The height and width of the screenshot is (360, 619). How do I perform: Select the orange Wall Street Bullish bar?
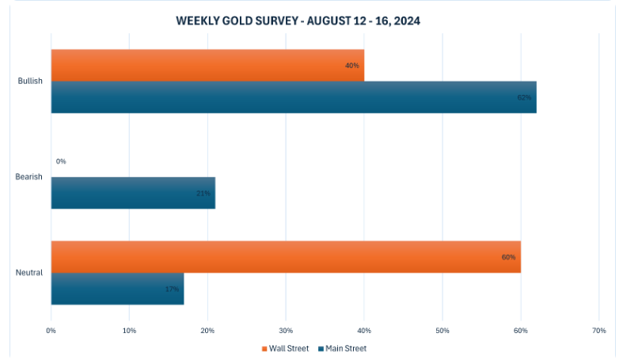pyautogui.click(x=207, y=65)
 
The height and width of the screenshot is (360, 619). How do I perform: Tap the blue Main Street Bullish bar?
pyautogui.click(x=293, y=97)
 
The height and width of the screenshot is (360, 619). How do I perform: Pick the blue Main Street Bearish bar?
pyautogui.click(x=133, y=192)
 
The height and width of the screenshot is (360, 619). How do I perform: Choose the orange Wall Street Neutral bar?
pyautogui.click(x=286, y=256)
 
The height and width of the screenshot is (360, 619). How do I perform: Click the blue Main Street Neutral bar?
pyautogui.click(x=117, y=289)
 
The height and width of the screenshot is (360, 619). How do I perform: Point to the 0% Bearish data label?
pyautogui.click(x=61, y=161)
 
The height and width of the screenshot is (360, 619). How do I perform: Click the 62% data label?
pyautogui.click(x=524, y=97)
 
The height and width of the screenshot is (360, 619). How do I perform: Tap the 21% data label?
pyautogui.click(x=203, y=193)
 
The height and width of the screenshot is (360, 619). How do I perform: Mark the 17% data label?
pyautogui.click(x=172, y=289)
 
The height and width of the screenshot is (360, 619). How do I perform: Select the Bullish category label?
pyautogui.click(x=29, y=81)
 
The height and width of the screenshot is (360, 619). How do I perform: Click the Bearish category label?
pyautogui.click(x=29, y=176)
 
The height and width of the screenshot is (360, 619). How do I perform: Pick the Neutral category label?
pyautogui.click(x=29, y=273)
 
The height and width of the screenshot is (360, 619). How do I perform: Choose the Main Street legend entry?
pyautogui.click(x=343, y=348)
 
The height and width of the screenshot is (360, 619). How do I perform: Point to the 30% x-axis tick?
pyautogui.click(x=286, y=330)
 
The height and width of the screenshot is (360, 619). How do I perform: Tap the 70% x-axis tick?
pyautogui.click(x=598, y=330)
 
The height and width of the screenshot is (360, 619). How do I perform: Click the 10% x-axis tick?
pyautogui.click(x=129, y=330)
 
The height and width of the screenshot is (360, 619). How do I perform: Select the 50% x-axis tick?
pyautogui.click(x=442, y=330)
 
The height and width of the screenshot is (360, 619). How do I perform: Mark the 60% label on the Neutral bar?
pyautogui.click(x=508, y=257)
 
